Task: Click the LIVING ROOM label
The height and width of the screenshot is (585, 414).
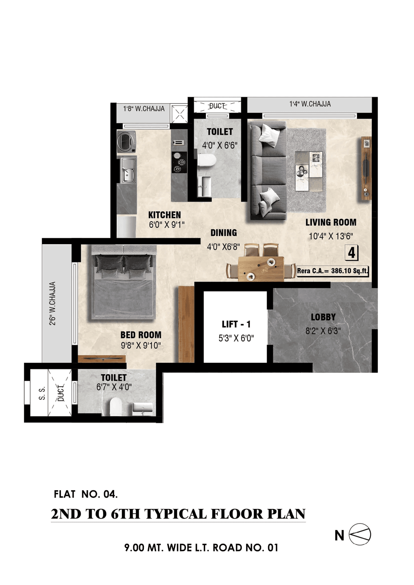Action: pyautogui.click(x=331, y=222)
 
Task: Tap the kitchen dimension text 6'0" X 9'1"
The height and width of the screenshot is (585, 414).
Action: pyautogui.click(x=167, y=225)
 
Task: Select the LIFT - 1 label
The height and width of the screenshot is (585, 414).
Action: pyautogui.click(x=236, y=324)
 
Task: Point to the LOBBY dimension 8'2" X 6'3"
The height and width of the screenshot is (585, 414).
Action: pyautogui.click(x=323, y=331)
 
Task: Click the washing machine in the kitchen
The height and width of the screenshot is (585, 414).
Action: pyautogui.click(x=126, y=141)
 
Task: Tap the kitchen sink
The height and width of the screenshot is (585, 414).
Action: pyautogui.click(x=128, y=170)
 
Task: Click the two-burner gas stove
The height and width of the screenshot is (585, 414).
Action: pyautogui.click(x=179, y=162)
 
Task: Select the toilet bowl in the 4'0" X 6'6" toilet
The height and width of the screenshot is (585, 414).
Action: pyautogui.click(x=206, y=160)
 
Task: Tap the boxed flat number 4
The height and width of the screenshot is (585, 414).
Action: pyautogui.click(x=352, y=253)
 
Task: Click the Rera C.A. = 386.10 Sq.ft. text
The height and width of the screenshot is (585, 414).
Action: pyautogui.click(x=332, y=271)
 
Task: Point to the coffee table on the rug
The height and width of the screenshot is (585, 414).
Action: pyautogui.click(x=309, y=171)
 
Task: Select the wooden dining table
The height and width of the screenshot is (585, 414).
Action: pyautogui.click(x=261, y=268)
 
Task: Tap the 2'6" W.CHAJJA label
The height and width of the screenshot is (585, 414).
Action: pyautogui.click(x=53, y=303)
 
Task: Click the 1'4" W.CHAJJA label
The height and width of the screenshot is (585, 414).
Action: pyautogui.click(x=310, y=104)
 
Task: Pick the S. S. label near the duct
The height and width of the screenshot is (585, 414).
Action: pyautogui.click(x=42, y=393)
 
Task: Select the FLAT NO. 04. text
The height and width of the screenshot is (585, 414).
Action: pyautogui.click(x=86, y=494)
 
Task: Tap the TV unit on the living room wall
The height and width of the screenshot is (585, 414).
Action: pyautogui.click(x=366, y=168)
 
